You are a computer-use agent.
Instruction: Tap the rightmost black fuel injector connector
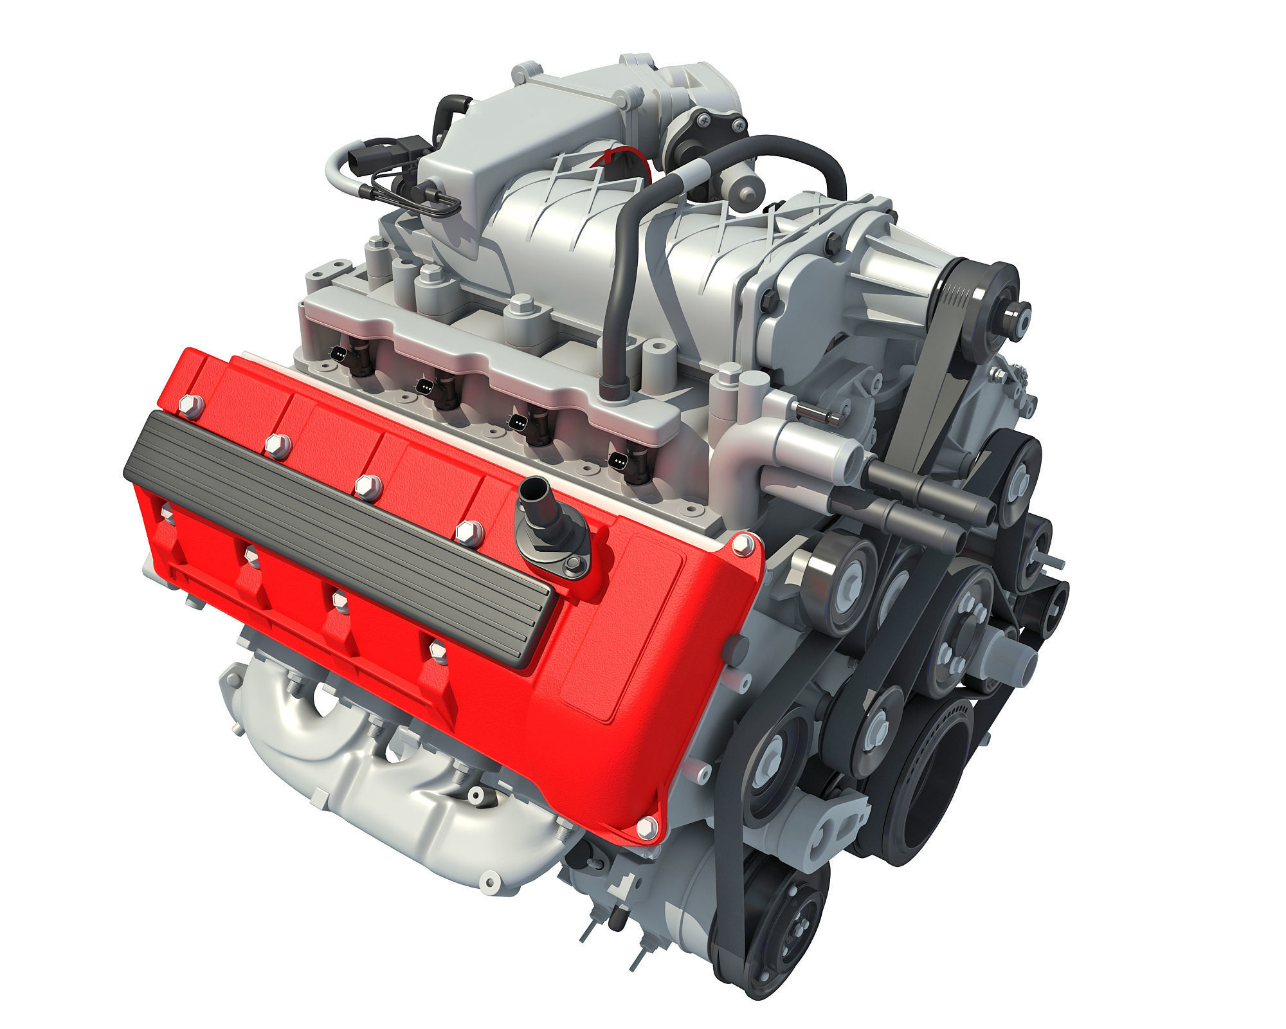[x=620, y=460]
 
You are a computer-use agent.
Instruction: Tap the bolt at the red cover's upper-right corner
[x=740, y=546]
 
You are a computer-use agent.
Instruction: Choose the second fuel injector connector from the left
[x=427, y=387]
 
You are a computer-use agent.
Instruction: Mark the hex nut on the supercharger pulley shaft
[x=1014, y=316]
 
